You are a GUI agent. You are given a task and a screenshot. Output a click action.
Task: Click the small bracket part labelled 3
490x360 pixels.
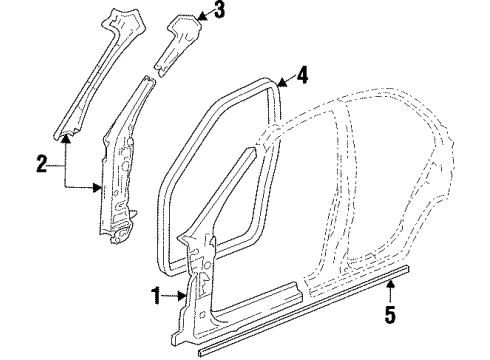point(178,40)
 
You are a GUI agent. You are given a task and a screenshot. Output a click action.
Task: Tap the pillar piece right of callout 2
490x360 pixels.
point(121,170)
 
